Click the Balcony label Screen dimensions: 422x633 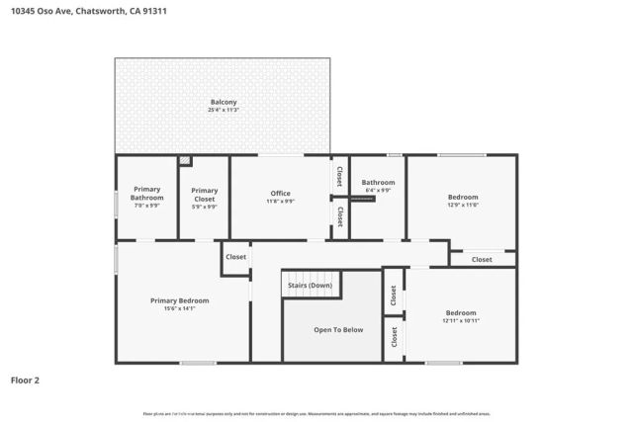(x=223, y=102)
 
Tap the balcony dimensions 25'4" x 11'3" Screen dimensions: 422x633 (x=223, y=110)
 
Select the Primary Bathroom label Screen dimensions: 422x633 (x=146, y=194)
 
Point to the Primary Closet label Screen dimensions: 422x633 (x=204, y=194)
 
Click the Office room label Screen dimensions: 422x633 (x=280, y=193)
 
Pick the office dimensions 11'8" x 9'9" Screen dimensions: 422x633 (x=280, y=201)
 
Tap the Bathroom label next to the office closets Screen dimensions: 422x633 (x=378, y=182)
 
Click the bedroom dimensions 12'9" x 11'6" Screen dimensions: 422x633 (x=462, y=205)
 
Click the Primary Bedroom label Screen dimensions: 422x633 (x=179, y=300)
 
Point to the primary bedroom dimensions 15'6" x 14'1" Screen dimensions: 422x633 (x=179, y=308)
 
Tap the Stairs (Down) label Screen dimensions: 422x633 (x=311, y=285)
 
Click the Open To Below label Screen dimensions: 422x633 (x=338, y=329)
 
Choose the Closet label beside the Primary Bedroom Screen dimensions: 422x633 (x=235, y=257)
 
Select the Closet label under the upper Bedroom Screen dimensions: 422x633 (x=482, y=259)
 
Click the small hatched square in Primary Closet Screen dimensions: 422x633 (x=185, y=160)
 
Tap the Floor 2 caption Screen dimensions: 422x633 (x=25, y=379)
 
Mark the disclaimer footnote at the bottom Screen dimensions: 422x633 (x=316, y=413)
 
